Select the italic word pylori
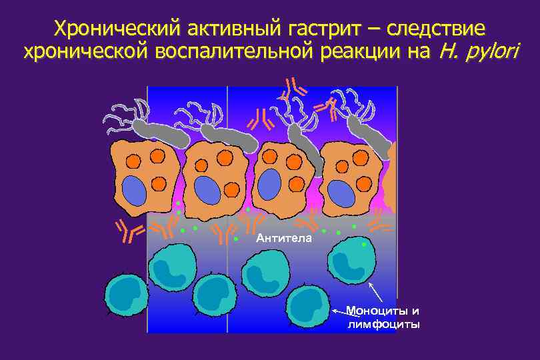(491, 52)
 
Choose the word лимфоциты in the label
(384, 325)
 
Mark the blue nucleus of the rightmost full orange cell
(342, 193)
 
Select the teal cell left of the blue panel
(126, 294)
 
